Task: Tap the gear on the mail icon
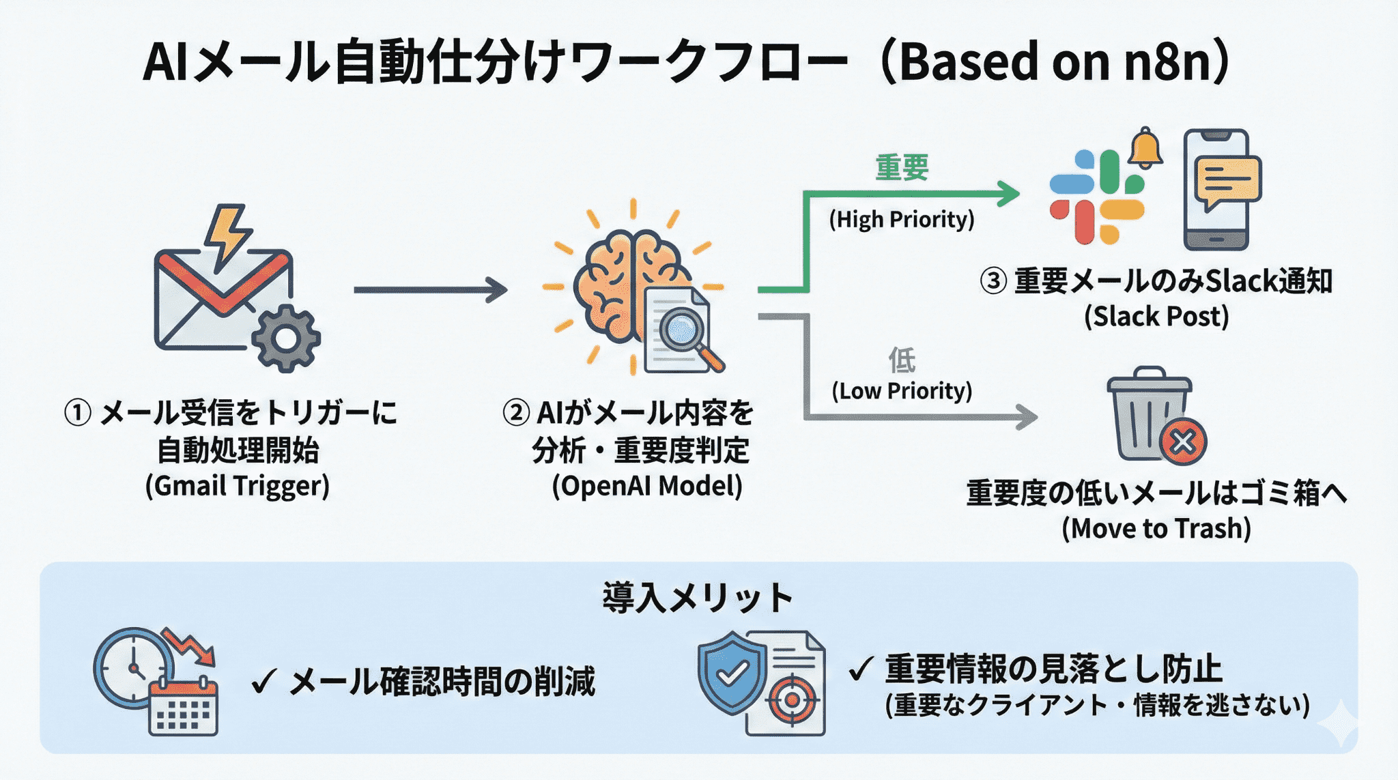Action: (286, 338)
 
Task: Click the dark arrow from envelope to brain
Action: (430, 290)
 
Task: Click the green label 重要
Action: (902, 168)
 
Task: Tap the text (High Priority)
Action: (902, 220)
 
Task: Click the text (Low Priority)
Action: (902, 391)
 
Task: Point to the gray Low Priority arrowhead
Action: (1027, 416)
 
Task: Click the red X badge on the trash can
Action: (1183, 442)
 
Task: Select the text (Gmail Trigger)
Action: (237, 487)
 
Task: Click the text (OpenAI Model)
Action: (646, 487)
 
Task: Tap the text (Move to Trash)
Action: (1156, 529)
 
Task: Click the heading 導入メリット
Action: (698, 598)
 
